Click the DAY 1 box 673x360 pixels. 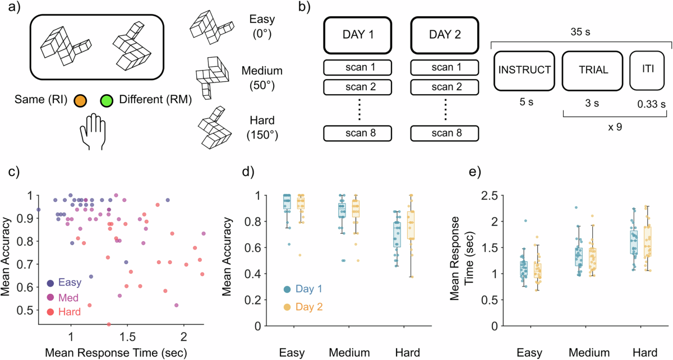coord(357,34)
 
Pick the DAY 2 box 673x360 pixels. coord(444,34)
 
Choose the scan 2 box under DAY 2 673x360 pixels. coord(444,88)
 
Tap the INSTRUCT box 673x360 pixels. coord(524,71)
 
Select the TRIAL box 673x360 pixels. coord(593,71)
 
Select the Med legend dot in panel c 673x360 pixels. coord(51,297)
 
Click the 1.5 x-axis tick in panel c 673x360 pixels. coord(127,340)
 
